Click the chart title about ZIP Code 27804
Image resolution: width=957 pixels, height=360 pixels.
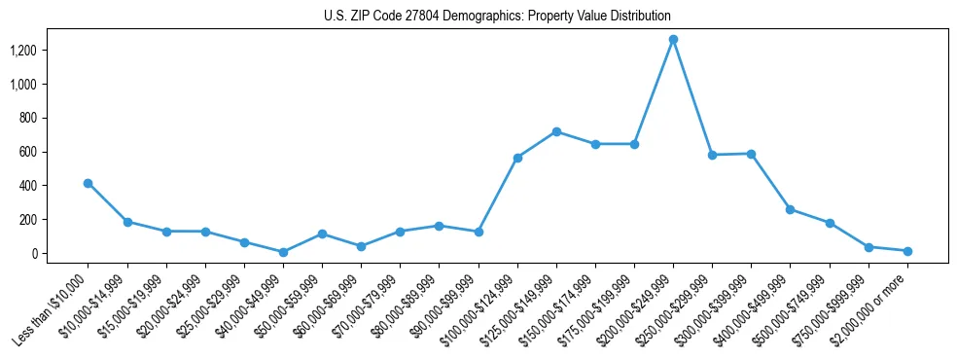(x=497, y=17)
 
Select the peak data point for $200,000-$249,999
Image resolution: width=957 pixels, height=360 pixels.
(x=673, y=40)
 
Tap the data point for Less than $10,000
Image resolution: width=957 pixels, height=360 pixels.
(x=88, y=183)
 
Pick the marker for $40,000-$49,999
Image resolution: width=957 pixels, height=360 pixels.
(x=283, y=252)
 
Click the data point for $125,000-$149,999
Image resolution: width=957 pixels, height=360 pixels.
(x=556, y=131)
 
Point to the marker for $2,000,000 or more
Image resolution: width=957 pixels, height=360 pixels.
(x=907, y=251)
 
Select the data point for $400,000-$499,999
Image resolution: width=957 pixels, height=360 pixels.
(x=791, y=209)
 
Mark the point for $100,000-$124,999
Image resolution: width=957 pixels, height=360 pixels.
(x=517, y=158)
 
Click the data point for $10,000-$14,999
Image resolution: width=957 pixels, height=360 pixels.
(x=127, y=222)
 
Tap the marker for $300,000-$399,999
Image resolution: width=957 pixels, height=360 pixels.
(x=752, y=154)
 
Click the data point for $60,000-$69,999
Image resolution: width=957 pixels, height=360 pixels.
(x=361, y=246)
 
